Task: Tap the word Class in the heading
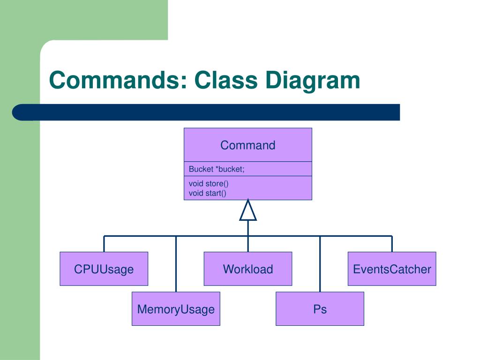[x=225, y=80]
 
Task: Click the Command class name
[x=248, y=145]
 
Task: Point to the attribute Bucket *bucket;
[x=217, y=169]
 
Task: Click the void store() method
[x=209, y=183]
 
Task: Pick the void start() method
[x=207, y=193]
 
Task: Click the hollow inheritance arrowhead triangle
[x=248, y=210]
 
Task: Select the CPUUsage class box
[x=104, y=269]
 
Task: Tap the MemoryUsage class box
[x=176, y=308]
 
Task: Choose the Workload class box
[x=248, y=269]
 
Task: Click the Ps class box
[x=320, y=308]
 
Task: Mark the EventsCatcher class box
[x=392, y=269]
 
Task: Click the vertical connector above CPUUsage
[x=104, y=244]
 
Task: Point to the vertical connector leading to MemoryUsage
[x=176, y=264]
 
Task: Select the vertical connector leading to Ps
[x=320, y=264]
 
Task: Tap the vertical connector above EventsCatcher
[x=392, y=244]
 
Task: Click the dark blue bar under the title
[x=206, y=112]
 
